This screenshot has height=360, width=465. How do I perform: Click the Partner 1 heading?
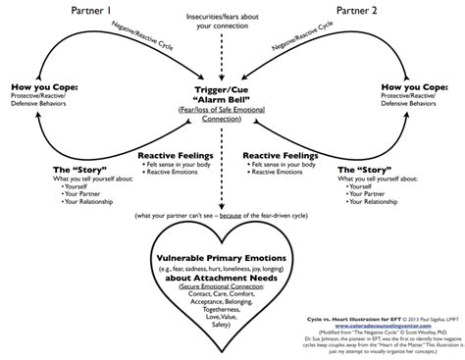pos(87,10)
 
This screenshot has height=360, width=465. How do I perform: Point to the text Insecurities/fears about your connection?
pos(232,21)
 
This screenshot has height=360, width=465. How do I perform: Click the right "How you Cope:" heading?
pos(421,86)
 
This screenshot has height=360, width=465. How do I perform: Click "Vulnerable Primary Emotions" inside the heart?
pos(232,256)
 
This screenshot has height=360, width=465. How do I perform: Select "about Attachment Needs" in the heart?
pos(232,279)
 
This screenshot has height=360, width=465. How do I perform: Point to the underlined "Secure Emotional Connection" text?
pos(232,289)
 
